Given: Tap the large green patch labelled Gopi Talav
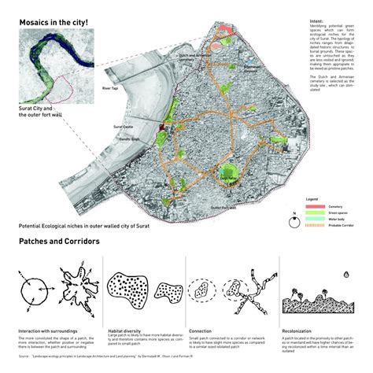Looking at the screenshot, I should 229,175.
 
